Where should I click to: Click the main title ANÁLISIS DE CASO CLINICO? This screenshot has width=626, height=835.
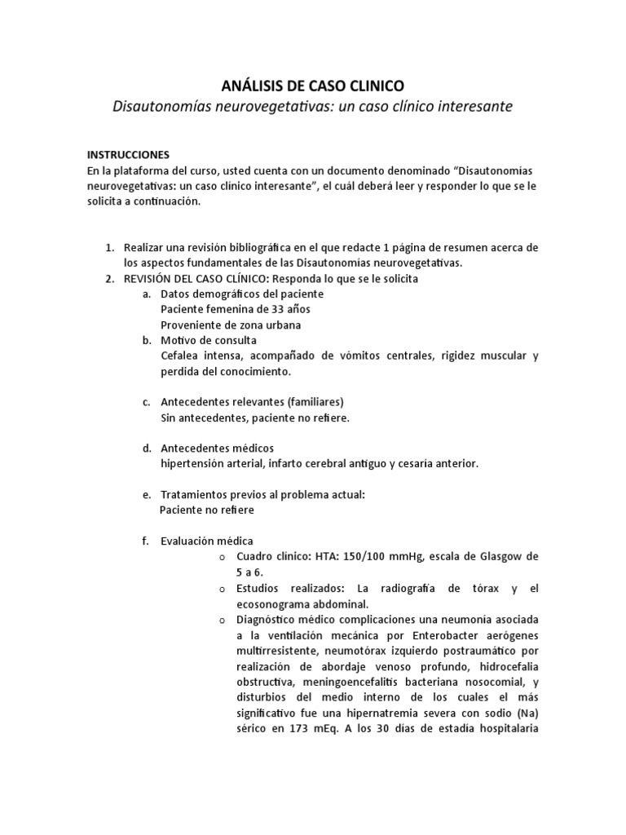pyautogui.click(x=313, y=86)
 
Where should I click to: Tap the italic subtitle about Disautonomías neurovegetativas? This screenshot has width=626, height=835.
pyautogui.click(x=313, y=107)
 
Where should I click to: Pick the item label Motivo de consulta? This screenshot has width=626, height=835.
pyautogui.click(x=209, y=340)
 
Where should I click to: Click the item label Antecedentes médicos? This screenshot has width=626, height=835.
pyautogui.click(x=218, y=448)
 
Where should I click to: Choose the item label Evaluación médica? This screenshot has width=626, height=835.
pyautogui.click(x=207, y=541)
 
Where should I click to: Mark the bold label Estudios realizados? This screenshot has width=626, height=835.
pyautogui.click(x=293, y=588)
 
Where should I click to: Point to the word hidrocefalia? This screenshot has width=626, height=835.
pyautogui.click(x=503, y=665)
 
